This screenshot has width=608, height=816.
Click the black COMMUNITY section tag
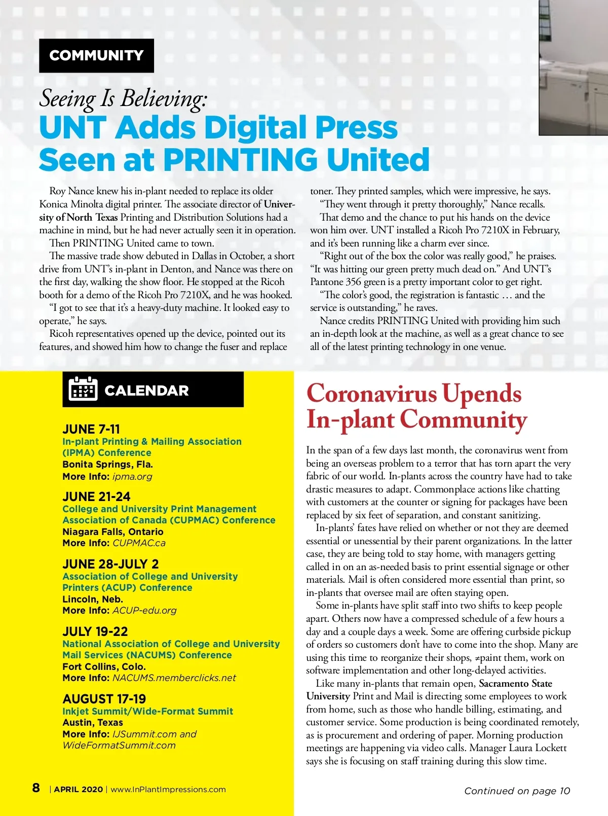(96, 55)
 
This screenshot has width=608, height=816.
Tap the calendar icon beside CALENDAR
(83, 389)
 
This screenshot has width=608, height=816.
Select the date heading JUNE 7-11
(91, 429)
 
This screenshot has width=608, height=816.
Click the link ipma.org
(132, 476)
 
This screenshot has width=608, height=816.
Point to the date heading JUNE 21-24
(96, 496)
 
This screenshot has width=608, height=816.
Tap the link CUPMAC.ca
(139, 543)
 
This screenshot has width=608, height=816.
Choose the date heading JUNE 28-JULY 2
(110, 564)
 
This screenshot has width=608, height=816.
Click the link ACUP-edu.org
(144, 610)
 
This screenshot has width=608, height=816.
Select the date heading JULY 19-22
(95, 631)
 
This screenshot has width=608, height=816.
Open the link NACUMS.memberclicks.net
(174, 678)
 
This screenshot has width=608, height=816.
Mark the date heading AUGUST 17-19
(104, 699)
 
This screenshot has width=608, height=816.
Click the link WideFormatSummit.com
(119, 745)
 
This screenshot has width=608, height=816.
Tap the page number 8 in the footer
(36, 788)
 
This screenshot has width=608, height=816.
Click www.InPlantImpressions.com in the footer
(168, 789)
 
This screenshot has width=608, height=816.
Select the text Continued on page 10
(517, 791)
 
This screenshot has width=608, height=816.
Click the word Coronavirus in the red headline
(371, 394)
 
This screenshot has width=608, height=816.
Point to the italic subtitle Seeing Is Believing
(123, 98)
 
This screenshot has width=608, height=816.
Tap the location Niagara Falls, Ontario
(113, 531)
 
